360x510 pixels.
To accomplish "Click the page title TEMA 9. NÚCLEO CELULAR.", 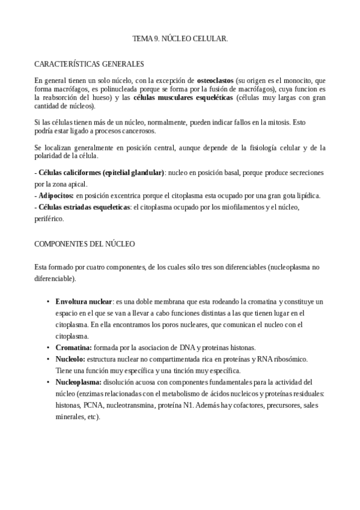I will point(180,38).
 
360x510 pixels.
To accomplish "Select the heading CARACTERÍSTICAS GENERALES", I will point(89,63).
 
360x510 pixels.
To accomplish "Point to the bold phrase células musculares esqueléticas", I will point(183,97).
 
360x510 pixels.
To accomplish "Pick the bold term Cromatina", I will point(73,348).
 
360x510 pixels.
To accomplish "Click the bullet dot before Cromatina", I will point(47,348).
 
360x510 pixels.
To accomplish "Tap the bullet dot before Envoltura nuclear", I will point(47,301).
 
